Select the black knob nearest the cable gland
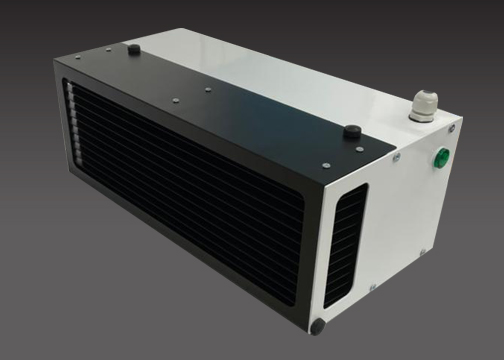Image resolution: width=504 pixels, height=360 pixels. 351,131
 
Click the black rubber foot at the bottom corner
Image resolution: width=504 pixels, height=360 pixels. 318,326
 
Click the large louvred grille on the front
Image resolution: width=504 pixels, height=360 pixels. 180,200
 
